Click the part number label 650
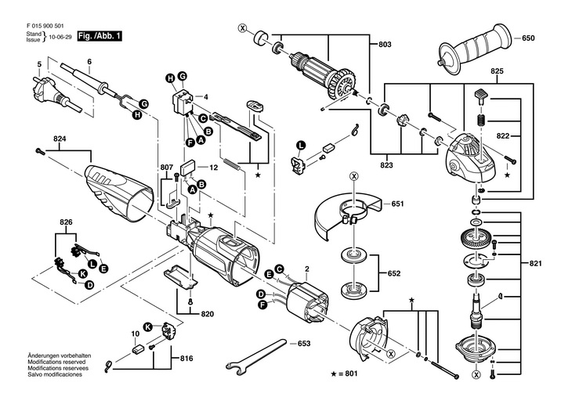(528, 38)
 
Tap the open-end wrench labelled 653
(256, 356)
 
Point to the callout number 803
(385, 45)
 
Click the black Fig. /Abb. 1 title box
(100, 36)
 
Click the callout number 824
(60, 139)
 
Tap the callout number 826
(66, 222)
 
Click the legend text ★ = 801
(344, 373)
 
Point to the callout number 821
(535, 263)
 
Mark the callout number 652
(394, 273)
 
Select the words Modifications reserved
(57, 362)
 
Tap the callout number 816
(186, 359)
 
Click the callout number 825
(497, 71)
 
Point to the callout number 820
(207, 314)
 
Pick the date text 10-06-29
(60, 37)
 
